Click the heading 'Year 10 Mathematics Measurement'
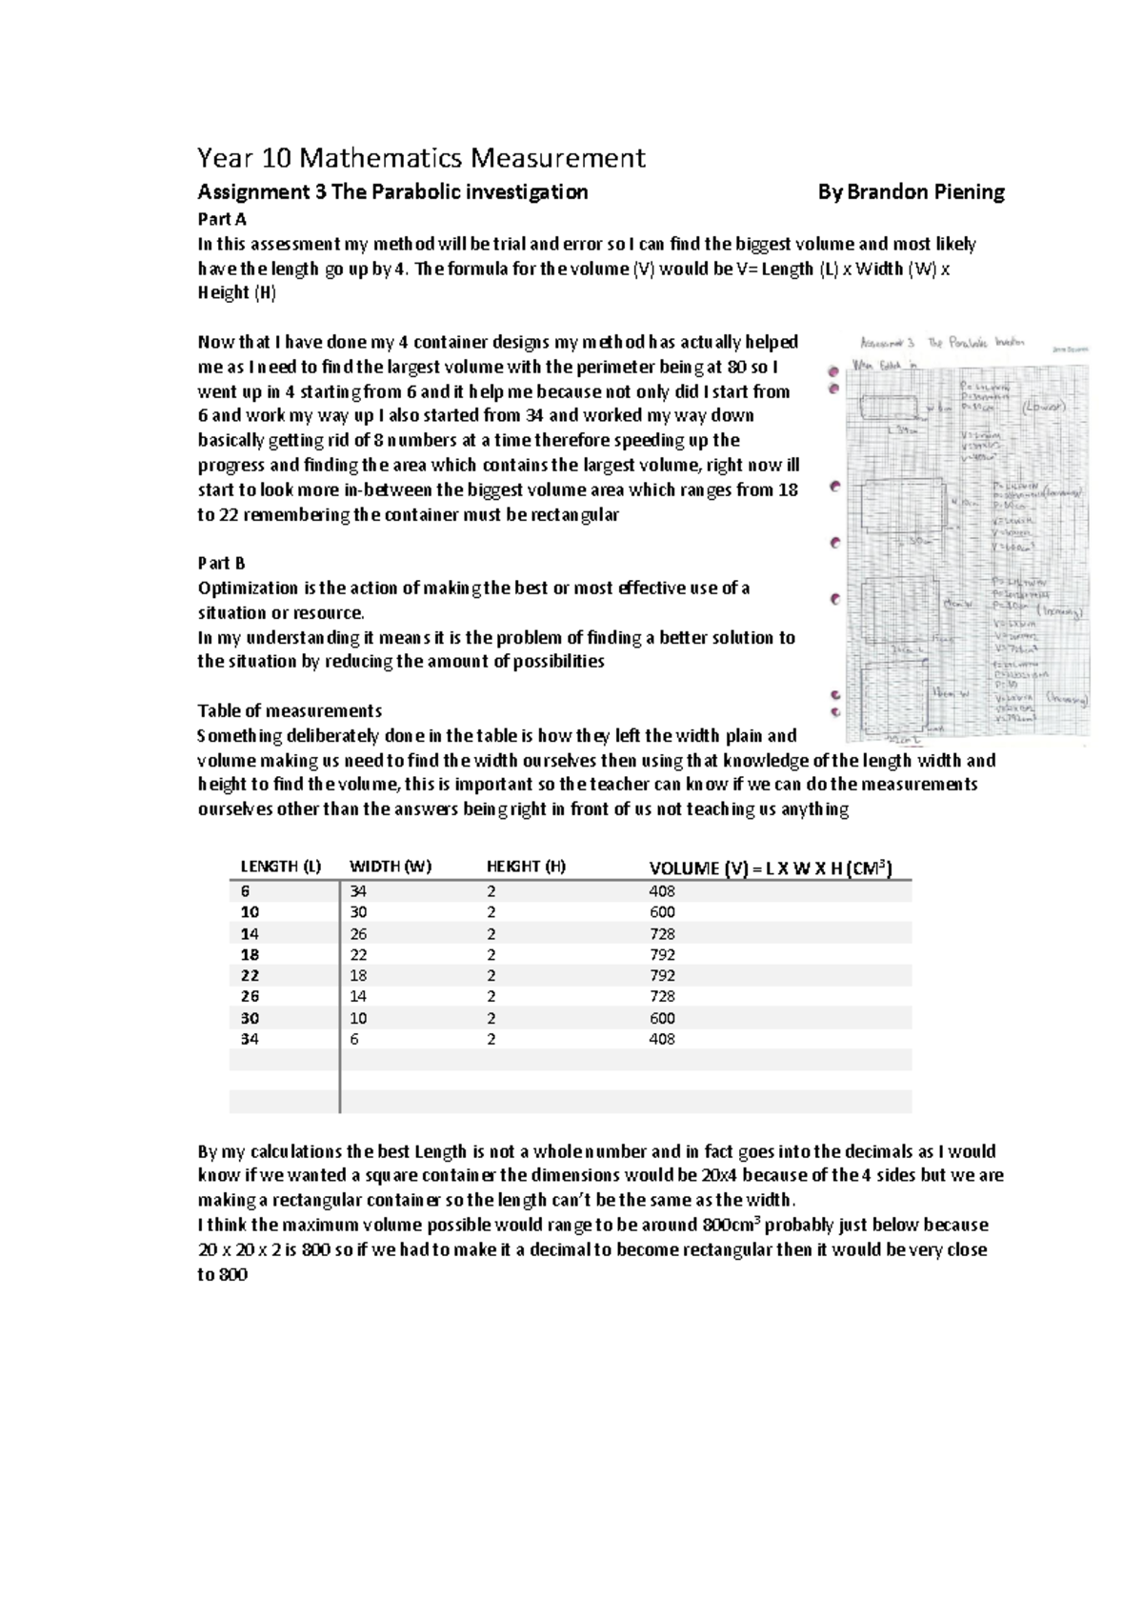click(420, 157)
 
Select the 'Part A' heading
click(222, 219)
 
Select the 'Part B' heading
click(221, 564)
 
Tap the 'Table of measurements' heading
click(290, 711)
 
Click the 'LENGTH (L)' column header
click(280, 867)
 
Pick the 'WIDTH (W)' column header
click(391, 867)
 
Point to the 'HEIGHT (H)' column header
click(526, 867)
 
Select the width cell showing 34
click(358, 891)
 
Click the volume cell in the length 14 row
click(662, 934)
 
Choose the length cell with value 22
click(250, 976)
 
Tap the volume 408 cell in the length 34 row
click(662, 1039)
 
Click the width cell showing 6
click(354, 1039)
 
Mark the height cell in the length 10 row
click(491, 912)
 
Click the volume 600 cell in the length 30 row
click(662, 1018)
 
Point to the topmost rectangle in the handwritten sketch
click(889, 408)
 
